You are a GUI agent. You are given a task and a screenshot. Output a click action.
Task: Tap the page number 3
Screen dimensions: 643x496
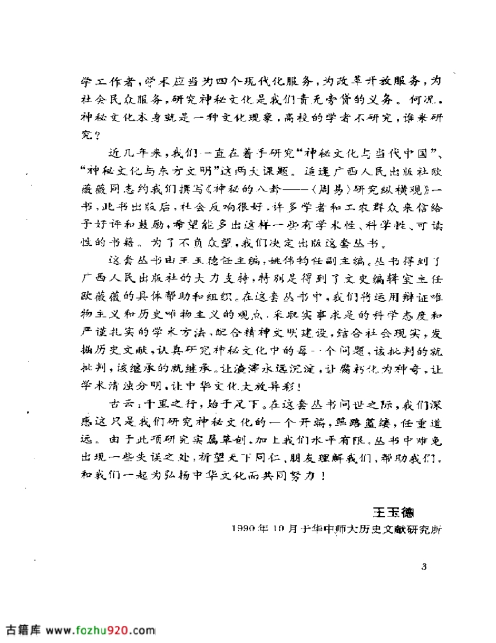pos(424,567)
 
